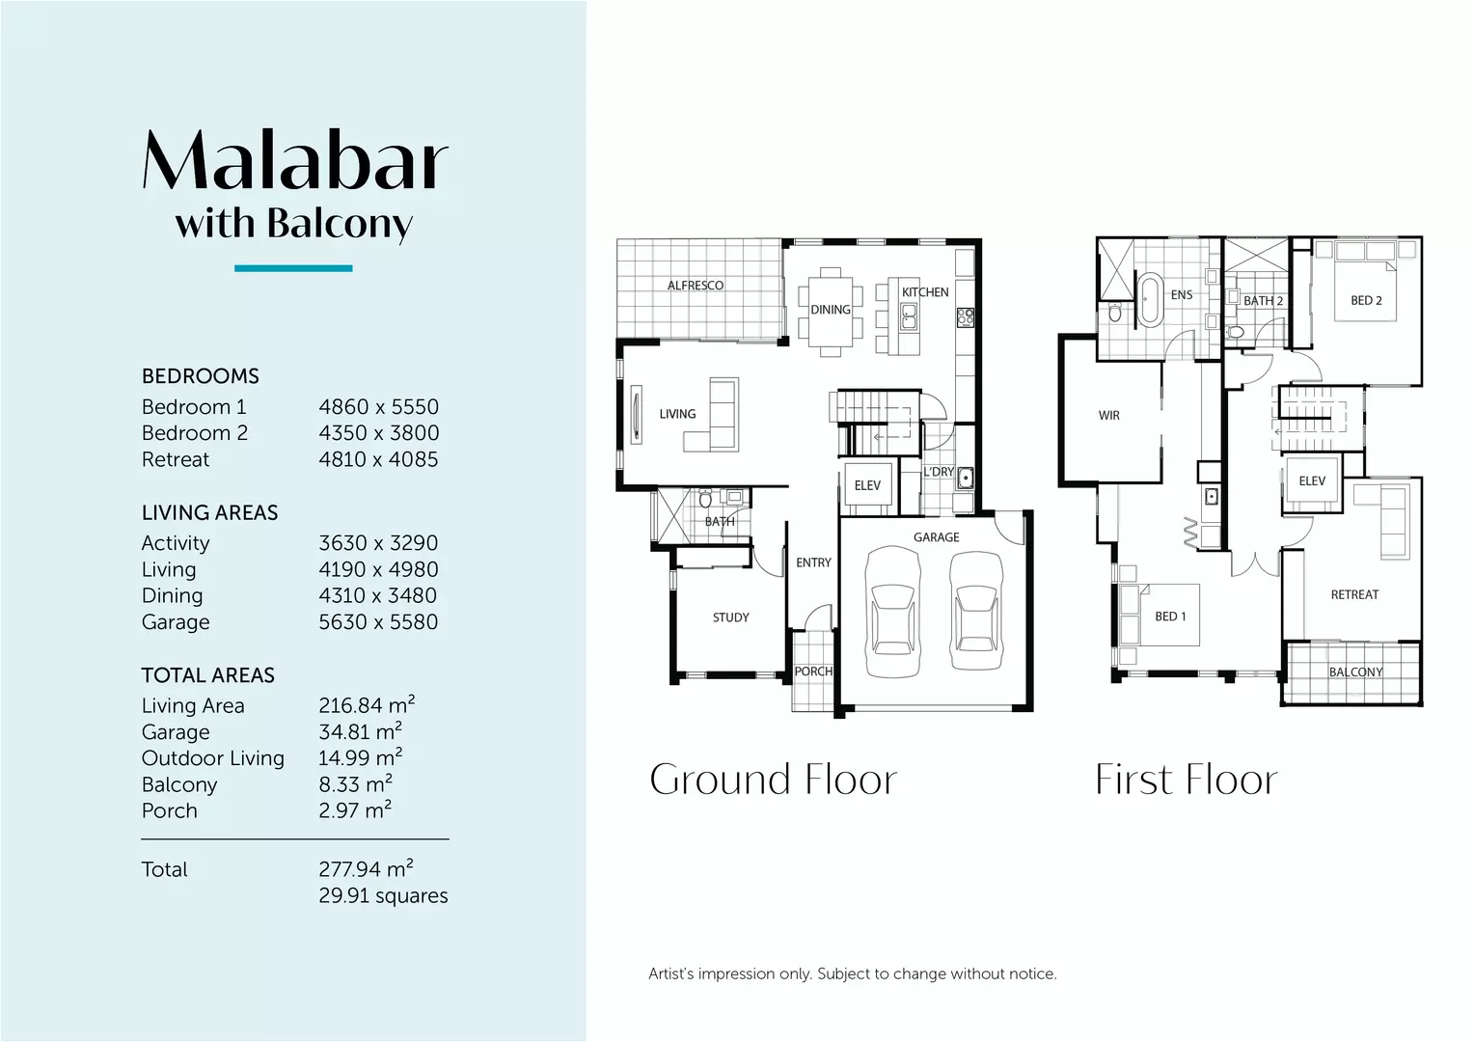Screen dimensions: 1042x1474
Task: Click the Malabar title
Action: point(295,160)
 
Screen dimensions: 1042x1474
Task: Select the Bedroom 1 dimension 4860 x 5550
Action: point(378,407)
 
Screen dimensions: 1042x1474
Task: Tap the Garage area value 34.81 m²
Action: point(360,732)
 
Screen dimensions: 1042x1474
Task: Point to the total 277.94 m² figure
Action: point(366,869)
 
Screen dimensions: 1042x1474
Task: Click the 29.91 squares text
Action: point(383,896)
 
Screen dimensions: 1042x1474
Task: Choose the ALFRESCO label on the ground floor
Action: point(695,286)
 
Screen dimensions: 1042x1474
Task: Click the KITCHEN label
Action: point(924,292)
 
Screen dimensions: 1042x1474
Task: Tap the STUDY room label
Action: point(730,617)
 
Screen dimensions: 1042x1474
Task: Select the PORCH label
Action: point(812,672)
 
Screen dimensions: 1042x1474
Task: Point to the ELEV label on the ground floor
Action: point(867,486)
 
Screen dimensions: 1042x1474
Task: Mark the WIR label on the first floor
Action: point(1108,416)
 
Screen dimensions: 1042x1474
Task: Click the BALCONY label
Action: point(1355,672)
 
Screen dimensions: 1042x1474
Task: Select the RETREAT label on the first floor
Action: point(1354,595)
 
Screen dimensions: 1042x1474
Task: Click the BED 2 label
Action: point(1365,301)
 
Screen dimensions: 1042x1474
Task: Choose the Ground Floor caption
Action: point(773,780)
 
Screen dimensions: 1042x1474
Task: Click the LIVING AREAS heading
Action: point(209,513)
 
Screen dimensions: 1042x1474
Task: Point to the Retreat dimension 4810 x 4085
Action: point(378,460)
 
